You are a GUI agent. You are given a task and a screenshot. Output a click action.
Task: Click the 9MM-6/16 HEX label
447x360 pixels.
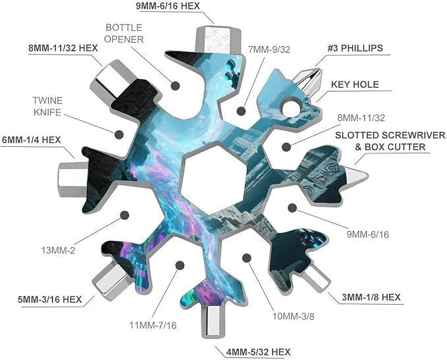coord(168,6)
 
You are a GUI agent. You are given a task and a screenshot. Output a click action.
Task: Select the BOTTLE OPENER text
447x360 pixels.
coord(124,34)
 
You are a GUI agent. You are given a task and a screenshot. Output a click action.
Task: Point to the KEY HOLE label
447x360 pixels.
coord(355,84)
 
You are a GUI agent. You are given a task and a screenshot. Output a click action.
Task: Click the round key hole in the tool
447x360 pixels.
coord(291,108)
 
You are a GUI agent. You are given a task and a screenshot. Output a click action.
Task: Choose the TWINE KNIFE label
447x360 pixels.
coord(47,107)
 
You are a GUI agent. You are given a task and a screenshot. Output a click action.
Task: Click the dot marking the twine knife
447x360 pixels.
coord(119,134)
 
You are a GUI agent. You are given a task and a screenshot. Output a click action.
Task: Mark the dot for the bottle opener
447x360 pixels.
coord(175,86)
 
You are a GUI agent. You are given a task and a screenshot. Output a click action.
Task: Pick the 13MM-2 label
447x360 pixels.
coord(58,251)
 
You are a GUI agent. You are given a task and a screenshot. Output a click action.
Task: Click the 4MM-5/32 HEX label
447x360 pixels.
coord(258,352)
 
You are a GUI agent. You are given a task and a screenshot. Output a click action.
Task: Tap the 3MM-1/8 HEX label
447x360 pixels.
coord(371,297)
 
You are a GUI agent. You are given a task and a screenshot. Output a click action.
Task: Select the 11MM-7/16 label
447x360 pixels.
coord(153,325)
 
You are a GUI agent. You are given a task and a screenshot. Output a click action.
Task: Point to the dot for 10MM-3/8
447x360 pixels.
coord(247,258)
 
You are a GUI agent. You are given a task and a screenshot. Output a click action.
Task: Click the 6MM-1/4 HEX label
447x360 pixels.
coord(32,140)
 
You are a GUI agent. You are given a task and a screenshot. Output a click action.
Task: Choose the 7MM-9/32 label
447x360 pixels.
coord(269,49)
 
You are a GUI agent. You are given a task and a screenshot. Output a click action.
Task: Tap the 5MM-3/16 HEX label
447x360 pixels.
coord(49,299)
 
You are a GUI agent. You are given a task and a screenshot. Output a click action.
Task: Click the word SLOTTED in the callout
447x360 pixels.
coord(355,135)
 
